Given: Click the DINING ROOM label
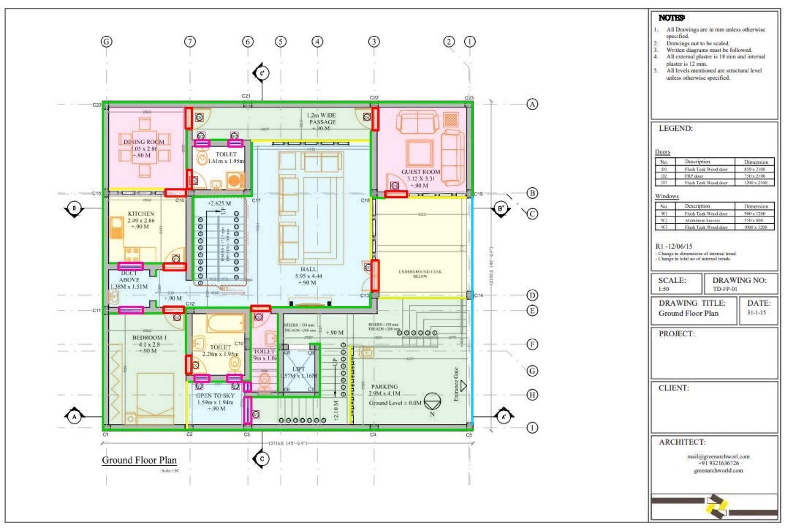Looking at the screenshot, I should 144,142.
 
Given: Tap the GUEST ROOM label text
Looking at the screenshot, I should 421,172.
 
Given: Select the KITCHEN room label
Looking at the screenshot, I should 141,213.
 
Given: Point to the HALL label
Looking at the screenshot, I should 308,269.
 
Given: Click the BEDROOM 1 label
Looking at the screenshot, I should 149,338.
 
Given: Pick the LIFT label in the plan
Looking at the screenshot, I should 299,369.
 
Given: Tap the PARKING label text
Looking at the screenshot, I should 384,386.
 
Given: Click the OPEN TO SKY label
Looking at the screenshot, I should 215,396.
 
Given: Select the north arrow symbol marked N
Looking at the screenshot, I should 432,403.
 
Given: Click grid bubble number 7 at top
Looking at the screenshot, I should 190,41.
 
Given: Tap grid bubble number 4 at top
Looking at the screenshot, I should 317,41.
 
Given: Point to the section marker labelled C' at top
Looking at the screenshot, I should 261,73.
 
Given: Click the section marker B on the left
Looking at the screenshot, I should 74,208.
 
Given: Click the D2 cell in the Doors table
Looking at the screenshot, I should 664,176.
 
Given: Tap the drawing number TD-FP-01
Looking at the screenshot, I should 725,289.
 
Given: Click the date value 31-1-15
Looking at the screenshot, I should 756,312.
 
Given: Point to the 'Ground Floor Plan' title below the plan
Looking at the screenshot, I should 139,460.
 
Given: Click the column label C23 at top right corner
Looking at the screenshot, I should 469,98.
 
